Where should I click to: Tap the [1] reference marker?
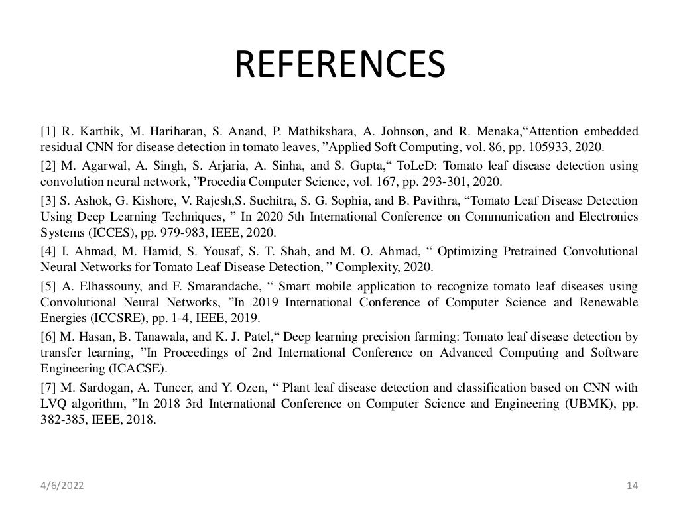(x=48, y=130)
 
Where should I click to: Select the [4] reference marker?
(x=48, y=251)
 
